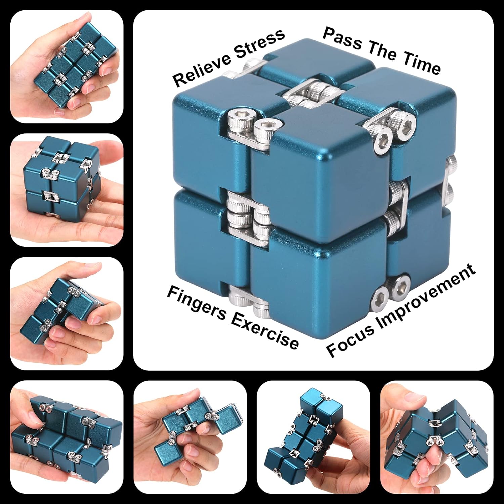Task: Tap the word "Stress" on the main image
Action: click(259, 43)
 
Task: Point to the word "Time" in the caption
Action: click(421, 64)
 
